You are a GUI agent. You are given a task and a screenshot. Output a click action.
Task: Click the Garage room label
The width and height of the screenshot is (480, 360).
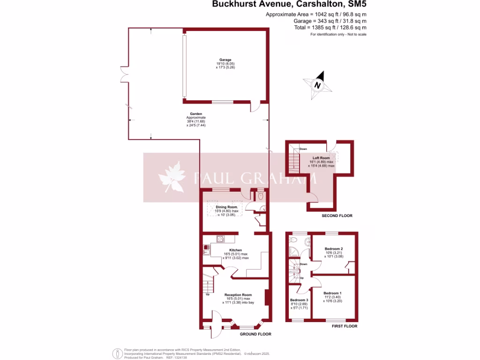[225, 60]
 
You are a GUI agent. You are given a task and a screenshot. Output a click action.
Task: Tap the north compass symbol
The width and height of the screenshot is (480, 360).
[318, 85]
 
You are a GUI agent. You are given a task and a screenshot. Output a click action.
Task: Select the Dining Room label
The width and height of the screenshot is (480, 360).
[227, 207]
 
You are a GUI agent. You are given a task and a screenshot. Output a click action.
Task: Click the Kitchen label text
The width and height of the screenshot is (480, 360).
[235, 250]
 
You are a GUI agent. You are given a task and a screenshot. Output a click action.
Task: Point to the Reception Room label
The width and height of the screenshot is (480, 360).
[238, 295]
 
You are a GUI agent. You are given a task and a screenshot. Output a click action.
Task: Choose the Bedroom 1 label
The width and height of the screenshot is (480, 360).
[332, 293]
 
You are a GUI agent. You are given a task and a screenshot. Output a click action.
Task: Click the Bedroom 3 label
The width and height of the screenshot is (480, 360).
[299, 300]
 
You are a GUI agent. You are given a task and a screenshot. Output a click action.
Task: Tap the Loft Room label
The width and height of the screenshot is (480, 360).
[321, 158]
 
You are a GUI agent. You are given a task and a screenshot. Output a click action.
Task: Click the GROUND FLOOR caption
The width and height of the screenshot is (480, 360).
[255, 334]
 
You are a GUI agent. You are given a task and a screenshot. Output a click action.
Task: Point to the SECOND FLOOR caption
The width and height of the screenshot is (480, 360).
[337, 216]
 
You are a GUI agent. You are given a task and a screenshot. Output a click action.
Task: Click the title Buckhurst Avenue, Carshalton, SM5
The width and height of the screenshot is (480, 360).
[289, 5]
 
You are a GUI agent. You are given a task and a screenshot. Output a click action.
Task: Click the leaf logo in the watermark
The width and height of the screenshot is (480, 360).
[172, 177]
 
